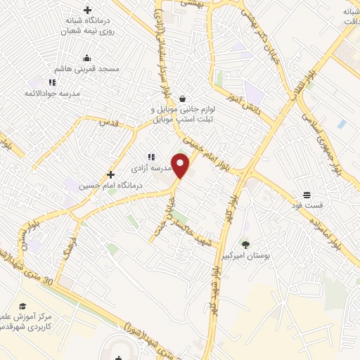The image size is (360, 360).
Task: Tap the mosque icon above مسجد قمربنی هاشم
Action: (x=86, y=58)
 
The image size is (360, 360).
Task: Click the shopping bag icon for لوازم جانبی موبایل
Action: (x=183, y=98)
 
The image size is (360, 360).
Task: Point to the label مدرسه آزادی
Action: (x=147, y=169)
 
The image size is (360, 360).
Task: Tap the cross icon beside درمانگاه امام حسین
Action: (x=110, y=174)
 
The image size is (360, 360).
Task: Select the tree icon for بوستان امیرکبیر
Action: (x=245, y=245)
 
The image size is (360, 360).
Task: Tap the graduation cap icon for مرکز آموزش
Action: (x=22, y=306)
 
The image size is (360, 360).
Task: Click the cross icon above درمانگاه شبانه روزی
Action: (x=86, y=11)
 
